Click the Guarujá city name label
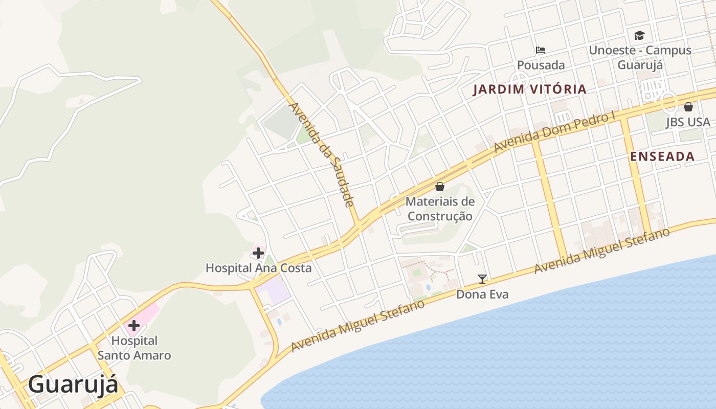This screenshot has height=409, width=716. click(x=73, y=384)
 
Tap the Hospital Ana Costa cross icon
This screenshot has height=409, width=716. click(x=258, y=253)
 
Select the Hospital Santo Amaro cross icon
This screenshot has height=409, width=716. click(x=134, y=326)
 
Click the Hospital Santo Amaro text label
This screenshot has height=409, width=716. click(x=135, y=348)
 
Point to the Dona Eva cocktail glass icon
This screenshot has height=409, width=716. click(x=482, y=279)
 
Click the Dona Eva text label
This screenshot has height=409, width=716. click(x=482, y=294)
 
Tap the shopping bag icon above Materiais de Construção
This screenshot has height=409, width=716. click(x=440, y=187)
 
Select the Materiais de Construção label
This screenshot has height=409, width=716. click(x=440, y=209)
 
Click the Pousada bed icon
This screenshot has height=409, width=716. click(x=541, y=50)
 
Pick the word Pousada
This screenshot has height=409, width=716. click(x=541, y=65)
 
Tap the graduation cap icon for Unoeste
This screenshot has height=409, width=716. click(x=639, y=35)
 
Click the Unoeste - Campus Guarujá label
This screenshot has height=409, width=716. click(x=640, y=57)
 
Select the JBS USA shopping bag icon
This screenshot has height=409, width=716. click(x=688, y=107)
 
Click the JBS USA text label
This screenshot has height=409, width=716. click(x=688, y=122)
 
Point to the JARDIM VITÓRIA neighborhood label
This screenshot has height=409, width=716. click(x=529, y=89)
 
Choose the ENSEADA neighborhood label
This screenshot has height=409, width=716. click(x=662, y=156)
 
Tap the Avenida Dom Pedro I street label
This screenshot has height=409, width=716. click(x=554, y=131)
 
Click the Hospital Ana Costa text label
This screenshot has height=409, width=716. click(x=258, y=268)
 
